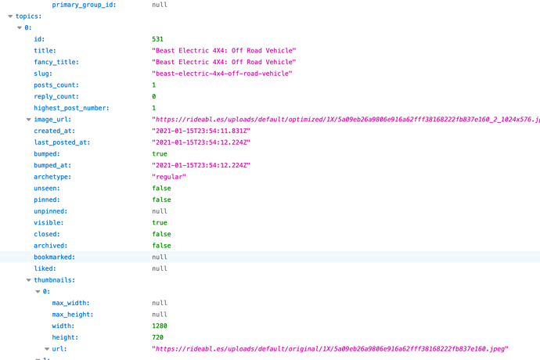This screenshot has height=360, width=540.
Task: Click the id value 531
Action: tap(158, 39)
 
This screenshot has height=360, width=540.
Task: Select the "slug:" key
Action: tap(43, 74)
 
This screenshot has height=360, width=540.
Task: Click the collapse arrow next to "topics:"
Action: tap(10, 16)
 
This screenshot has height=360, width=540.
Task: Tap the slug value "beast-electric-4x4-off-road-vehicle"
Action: tap(222, 74)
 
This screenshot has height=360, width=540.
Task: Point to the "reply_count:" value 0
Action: tap(154, 96)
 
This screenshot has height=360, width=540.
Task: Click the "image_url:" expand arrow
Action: tap(29, 120)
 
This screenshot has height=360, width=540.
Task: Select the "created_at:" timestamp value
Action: tap(201, 131)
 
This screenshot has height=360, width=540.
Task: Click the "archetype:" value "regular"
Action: tap(169, 177)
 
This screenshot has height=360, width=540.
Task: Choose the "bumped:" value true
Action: tap(160, 154)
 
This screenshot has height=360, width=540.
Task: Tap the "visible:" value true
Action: tap(160, 223)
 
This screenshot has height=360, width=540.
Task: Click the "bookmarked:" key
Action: tap(55, 257)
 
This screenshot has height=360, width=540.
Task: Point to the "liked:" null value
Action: tap(160, 268)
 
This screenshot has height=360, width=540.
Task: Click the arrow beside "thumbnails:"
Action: tap(29, 280)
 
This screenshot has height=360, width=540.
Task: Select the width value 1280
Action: tap(160, 326)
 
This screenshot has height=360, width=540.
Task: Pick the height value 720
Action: tap(158, 337)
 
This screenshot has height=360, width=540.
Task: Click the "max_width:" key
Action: tap(70, 303)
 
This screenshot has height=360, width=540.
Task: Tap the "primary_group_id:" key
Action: tap(84, 5)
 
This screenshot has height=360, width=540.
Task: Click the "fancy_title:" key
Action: tap(56, 62)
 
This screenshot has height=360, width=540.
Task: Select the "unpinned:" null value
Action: tap(160, 211)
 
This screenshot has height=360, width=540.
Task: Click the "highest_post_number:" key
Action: tap(71, 108)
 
